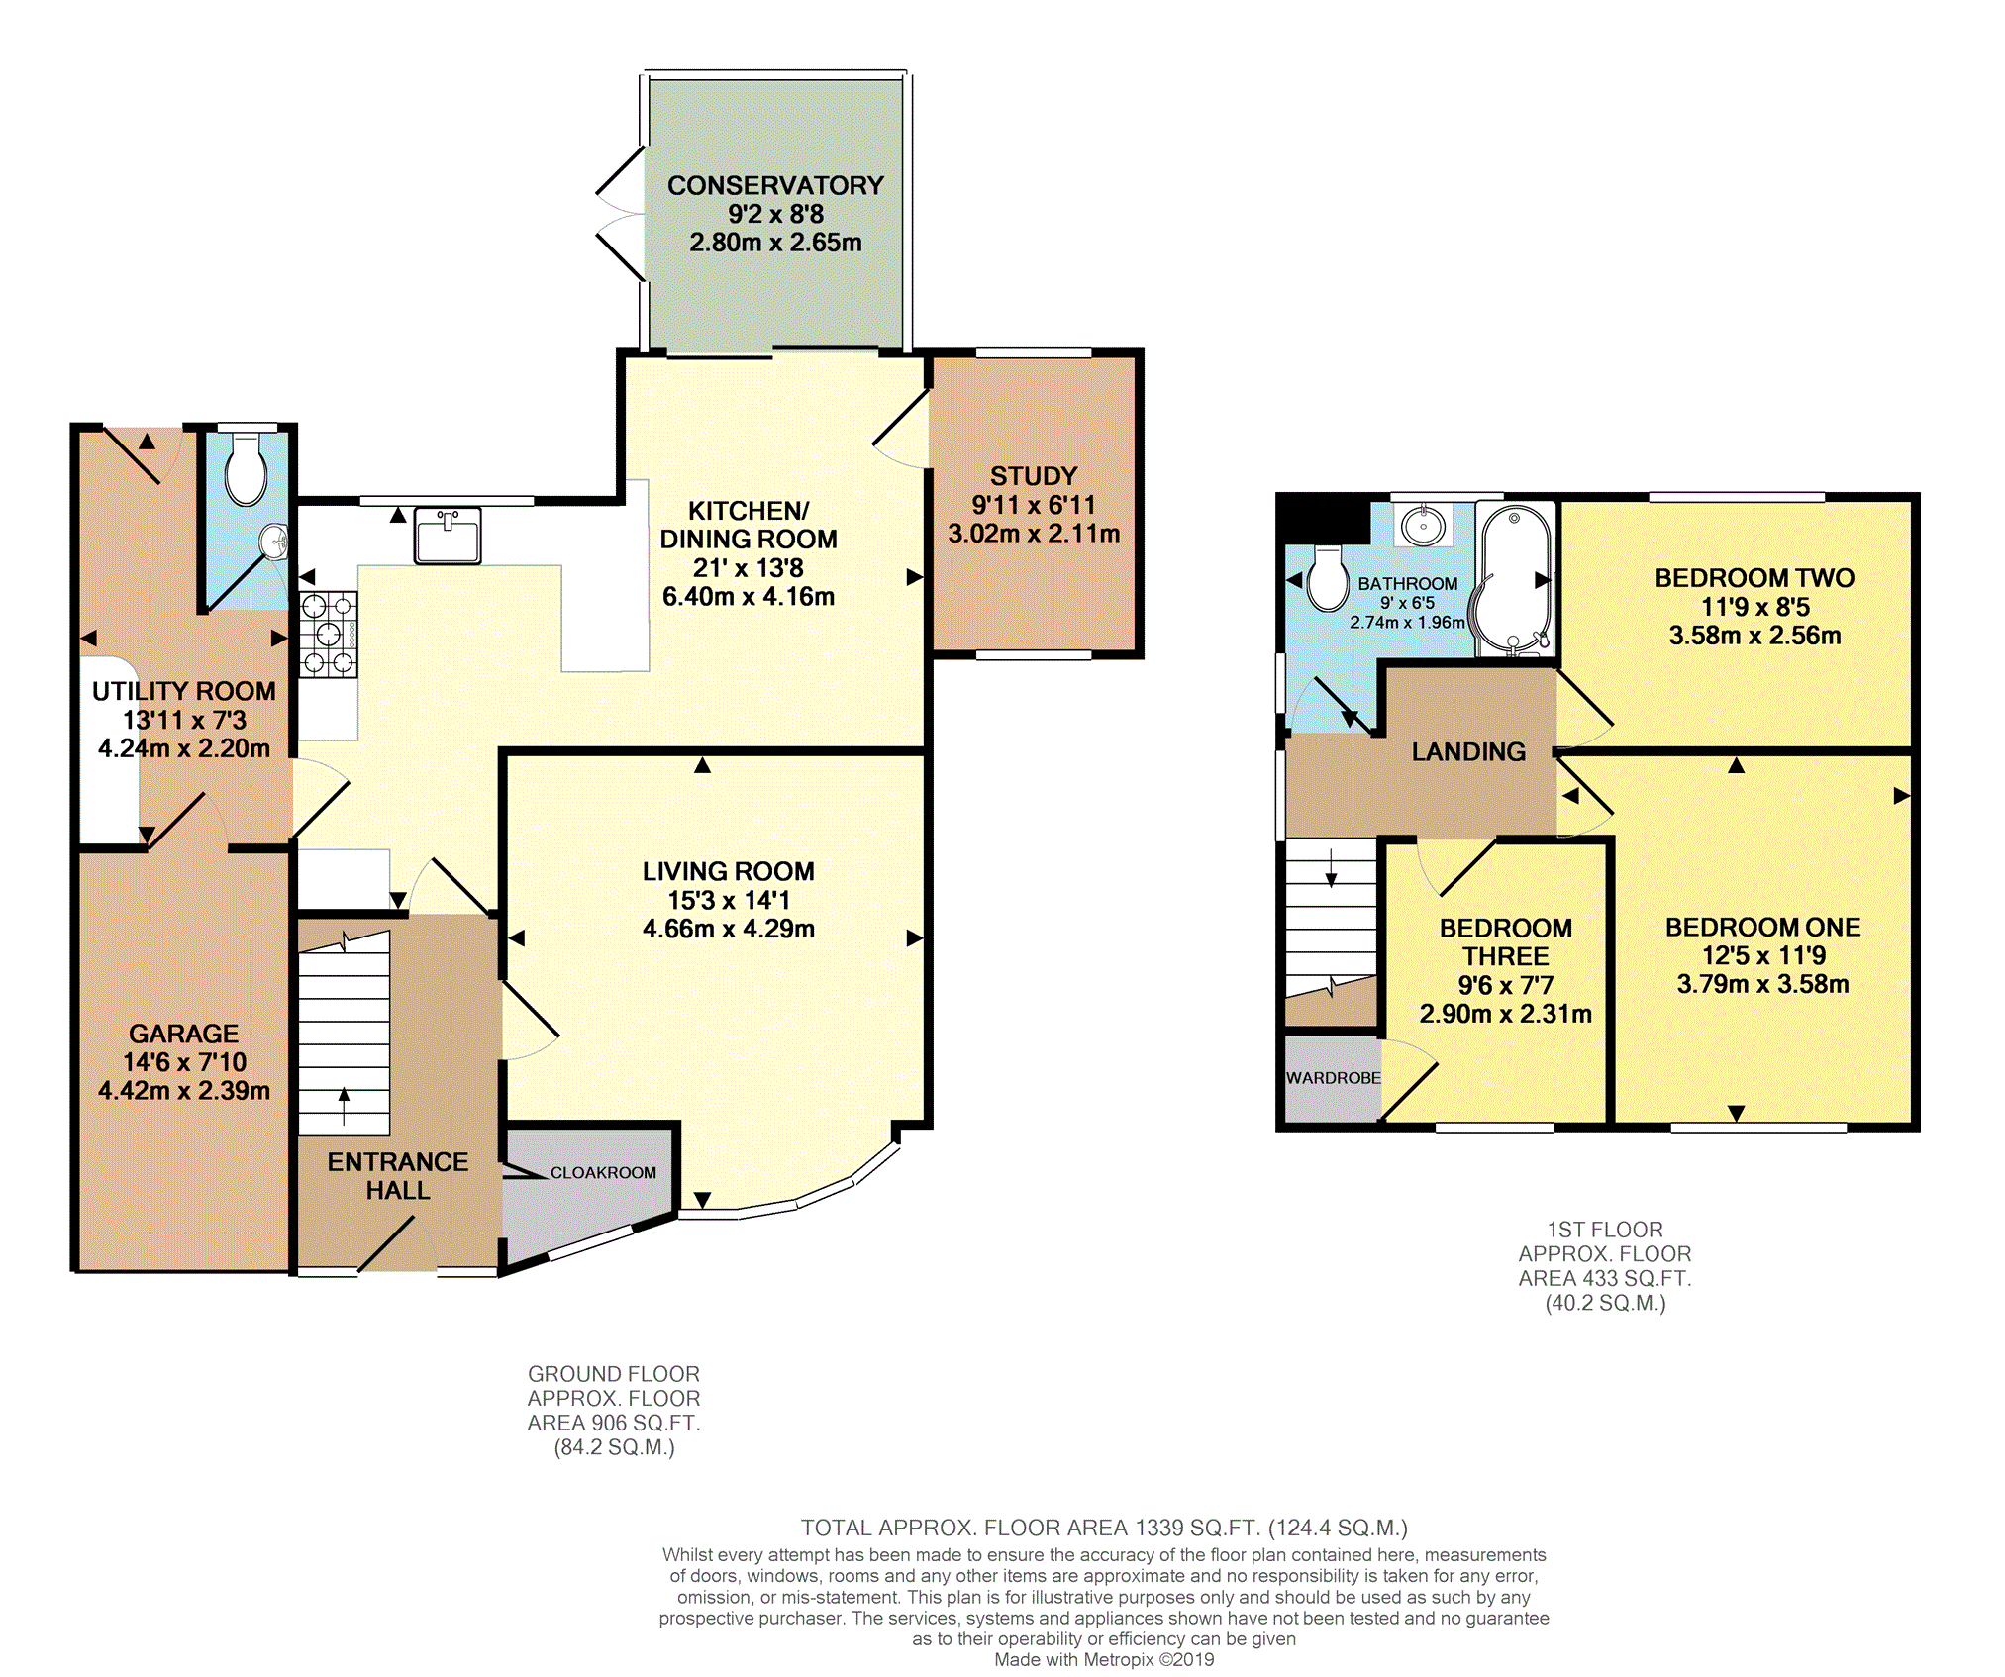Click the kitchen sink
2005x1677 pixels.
(x=448, y=536)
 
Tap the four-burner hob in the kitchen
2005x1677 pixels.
(x=329, y=635)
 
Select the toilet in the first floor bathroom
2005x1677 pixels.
(x=1327, y=578)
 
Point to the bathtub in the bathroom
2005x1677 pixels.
(x=1514, y=579)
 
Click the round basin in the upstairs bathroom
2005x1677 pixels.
(x=1423, y=525)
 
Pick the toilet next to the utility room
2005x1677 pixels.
(x=246, y=469)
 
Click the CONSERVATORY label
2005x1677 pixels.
(x=775, y=185)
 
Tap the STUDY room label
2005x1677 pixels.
(x=1034, y=476)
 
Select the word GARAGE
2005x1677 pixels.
(x=184, y=1034)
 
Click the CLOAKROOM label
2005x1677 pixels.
(x=603, y=1172)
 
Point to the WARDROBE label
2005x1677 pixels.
(x=1333, y=1077)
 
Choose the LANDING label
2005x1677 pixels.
(x=1468, y=752)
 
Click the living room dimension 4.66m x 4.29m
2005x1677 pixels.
(x=729, y=929)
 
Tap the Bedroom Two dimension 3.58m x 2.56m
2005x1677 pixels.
(x=1754, y=636)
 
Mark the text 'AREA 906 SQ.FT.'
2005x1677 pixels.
(x=614, y=1423)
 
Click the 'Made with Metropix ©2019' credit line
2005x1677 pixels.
(x=1104, y=1660)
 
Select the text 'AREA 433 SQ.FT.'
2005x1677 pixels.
(x=1605, y=1278)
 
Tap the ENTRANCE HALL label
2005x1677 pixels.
(x=398, y=1176)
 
